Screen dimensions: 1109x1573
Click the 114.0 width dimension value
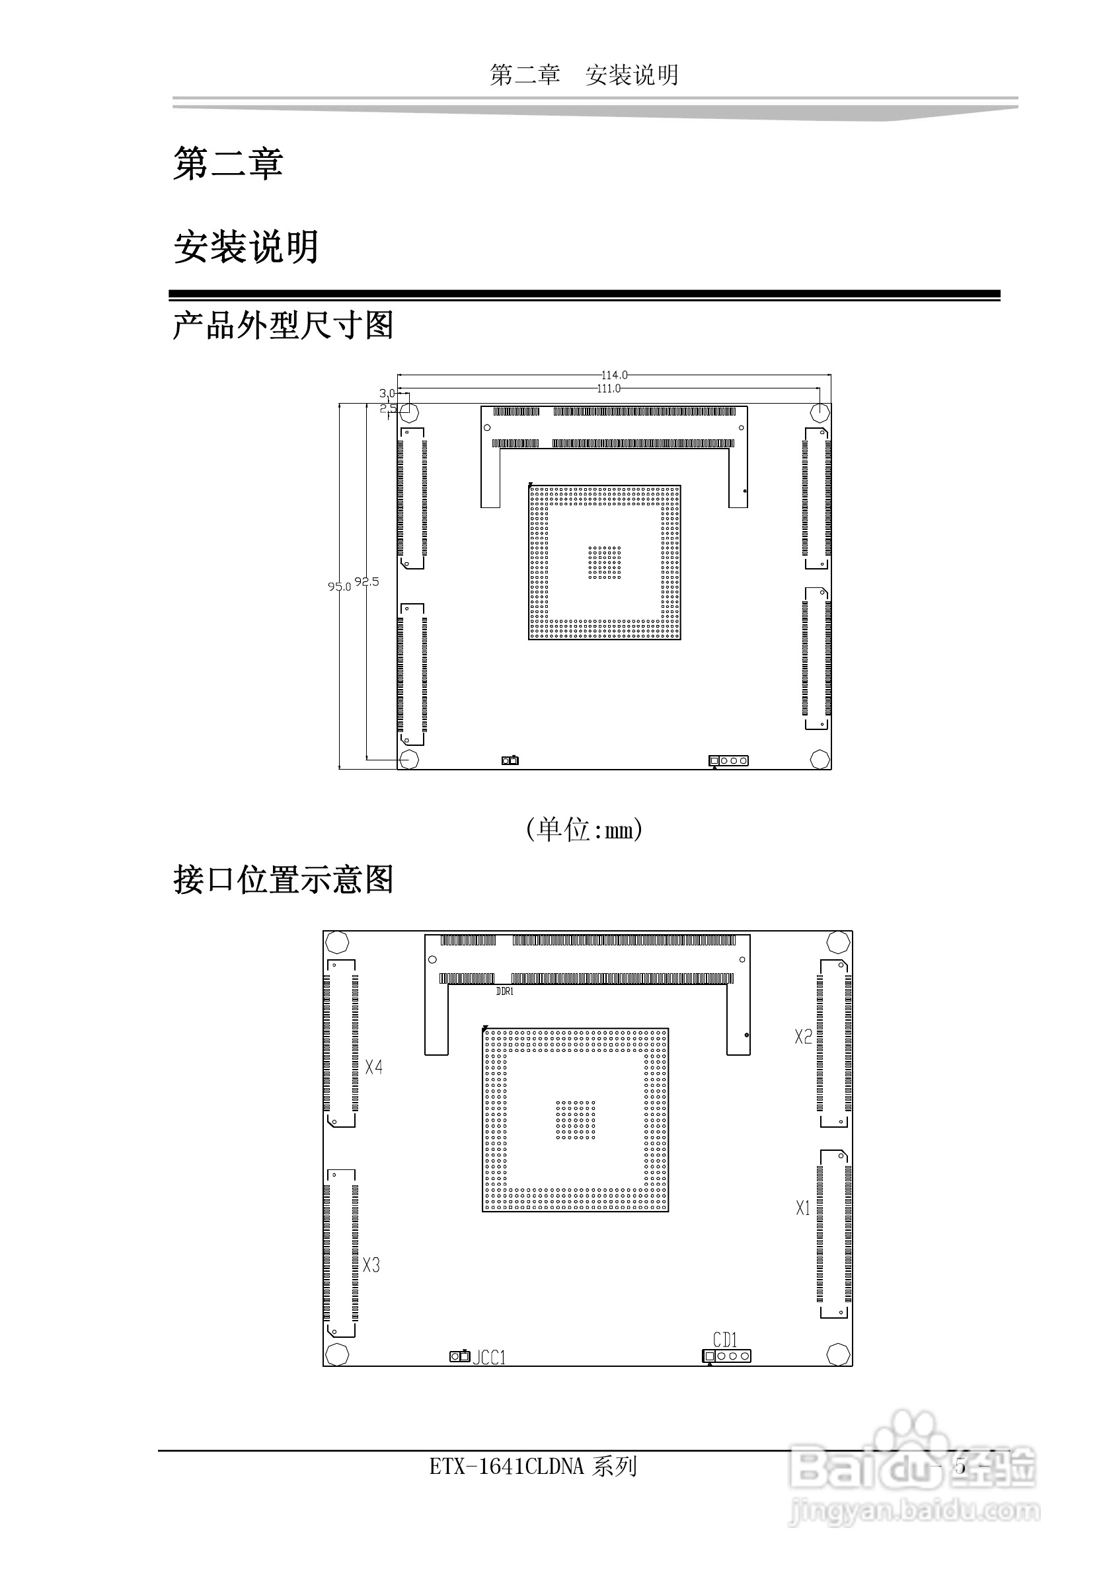[x=614, y=375]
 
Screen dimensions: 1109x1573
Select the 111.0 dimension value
[x=609, y=388]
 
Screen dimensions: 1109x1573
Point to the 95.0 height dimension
[x=338, y=587]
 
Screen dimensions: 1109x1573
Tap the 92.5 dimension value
[x=367, y=581]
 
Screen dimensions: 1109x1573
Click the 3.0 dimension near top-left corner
[x=387, y=393]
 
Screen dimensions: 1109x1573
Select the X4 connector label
[x=373, y=1067]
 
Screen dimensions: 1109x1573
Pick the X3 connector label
[x=371, y=1264]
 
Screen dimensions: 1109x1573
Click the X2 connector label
[x=803, y=1037]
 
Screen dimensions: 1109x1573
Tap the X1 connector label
[x=802, y=1208]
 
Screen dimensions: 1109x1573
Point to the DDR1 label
[x=504, y=992]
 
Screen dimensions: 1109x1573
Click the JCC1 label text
[x=489, y=1357]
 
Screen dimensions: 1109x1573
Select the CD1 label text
[x=724, y=1339]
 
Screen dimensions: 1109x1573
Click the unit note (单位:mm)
[x=584, y=830]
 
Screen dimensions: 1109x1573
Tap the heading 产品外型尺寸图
[x=283, y=326]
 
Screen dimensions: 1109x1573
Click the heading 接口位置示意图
[x=283, y=881]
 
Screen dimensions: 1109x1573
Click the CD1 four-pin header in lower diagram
[x=726, y=1356]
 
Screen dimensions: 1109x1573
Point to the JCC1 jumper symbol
[x=459, y=1356]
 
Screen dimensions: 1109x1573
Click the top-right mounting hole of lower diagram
[x=837, y=943]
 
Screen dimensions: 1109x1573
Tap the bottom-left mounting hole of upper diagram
[x=409, y=759]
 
